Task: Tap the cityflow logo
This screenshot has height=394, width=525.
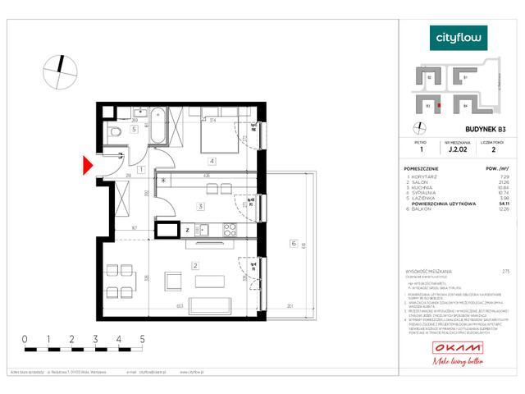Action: [459, 38]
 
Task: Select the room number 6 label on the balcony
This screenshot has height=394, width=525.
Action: [292, 243]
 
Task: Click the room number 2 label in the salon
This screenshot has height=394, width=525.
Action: [195, 265]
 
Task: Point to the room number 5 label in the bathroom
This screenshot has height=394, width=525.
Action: [135, 129]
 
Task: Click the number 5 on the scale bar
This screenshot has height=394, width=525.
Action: [143, 337]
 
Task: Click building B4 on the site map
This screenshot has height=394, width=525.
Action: [465, 105]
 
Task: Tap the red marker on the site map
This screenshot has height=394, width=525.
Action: [440, 106]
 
